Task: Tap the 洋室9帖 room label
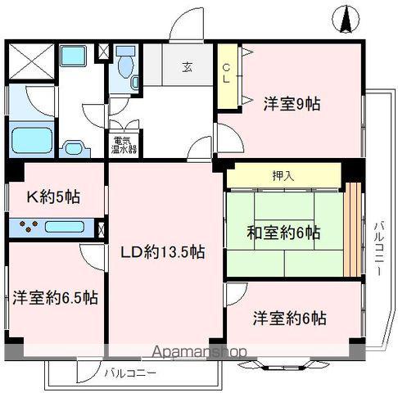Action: (x=292, y=104)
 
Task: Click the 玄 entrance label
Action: (x=188, y=67)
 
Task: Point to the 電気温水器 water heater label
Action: (x=124, y=144)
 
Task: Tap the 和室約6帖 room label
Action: (x=283, y=232)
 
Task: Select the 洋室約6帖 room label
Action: (x=289, y=316)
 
